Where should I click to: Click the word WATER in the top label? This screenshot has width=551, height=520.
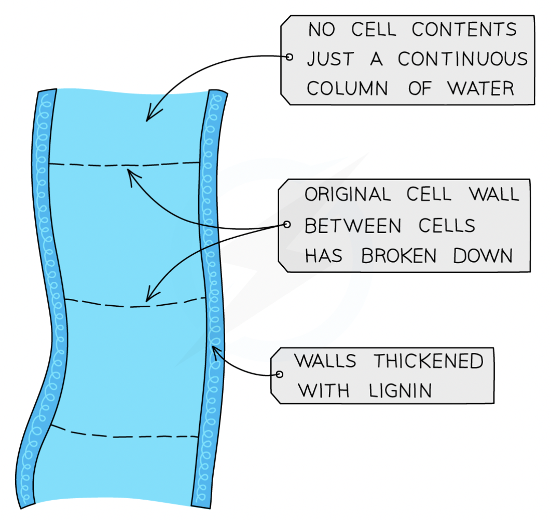pyautogui.click(x=481, y=88)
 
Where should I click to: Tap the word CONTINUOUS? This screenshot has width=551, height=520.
pyautogui.click(x=463, y=59)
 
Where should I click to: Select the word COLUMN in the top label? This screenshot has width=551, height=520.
pyautogui.click(x=347, y=88)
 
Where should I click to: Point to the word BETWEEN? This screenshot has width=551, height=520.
pyautogui.click(x=352, y=226)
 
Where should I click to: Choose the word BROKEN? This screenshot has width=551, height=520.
pyautogui.click(x=398, y=256)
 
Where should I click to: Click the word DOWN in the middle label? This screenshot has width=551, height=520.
pyautogui.click(x=483, y=256)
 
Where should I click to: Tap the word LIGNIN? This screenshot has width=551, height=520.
pyautogui.click(x=400, y=391)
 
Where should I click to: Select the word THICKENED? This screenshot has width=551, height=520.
pyautogui.click(x=429, y=361)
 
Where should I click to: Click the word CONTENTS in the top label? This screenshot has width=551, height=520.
pyautogui.click(x=464, y=29)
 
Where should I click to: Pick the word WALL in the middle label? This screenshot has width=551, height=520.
pyautogui.click(x=494, y=194)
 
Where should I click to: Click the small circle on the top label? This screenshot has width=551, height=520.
pyautogui.click(x=289, y=57)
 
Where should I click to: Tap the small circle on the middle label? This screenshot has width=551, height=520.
pyautogui.click(x=287, y=224)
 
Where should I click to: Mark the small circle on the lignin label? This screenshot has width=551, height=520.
pyautogui.click(x=279, y=374)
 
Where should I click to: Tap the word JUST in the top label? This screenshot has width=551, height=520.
pyautogui.click(x=330, y=59)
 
